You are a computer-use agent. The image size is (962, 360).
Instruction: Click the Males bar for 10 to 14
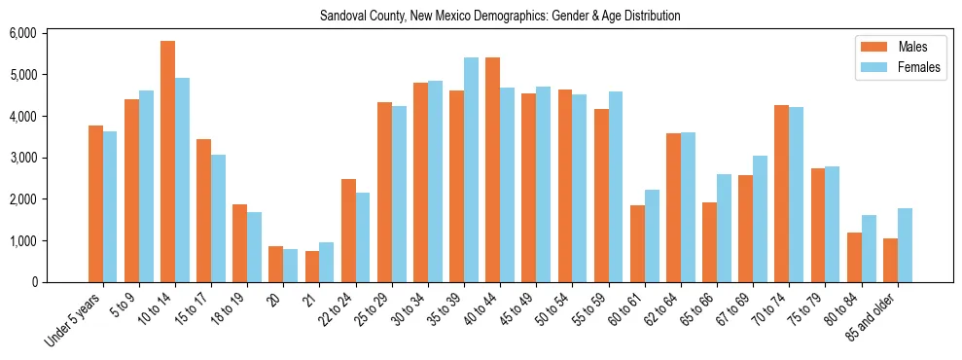click(167, 162)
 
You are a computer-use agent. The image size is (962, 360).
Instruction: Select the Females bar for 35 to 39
click(471, 170)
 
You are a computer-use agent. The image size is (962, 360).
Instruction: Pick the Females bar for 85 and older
click(905, 245)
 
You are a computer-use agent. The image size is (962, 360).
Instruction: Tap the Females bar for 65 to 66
click(724, 228)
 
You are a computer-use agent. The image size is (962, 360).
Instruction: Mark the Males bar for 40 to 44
click(492, 170)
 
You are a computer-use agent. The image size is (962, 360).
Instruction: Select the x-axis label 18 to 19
click(232, 307)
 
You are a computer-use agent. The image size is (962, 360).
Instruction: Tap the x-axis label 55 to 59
click(592, 307)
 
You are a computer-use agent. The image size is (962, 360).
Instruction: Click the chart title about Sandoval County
click(500, 16)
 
